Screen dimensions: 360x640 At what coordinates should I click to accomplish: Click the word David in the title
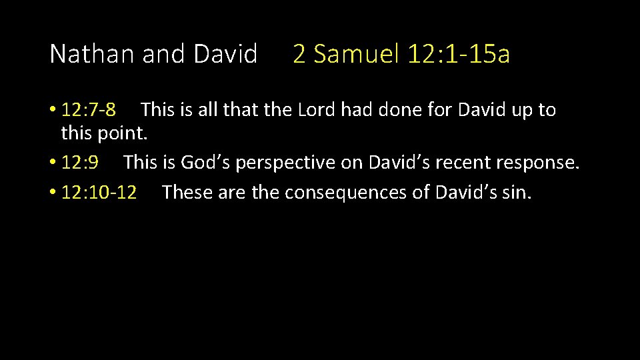pos(225,54)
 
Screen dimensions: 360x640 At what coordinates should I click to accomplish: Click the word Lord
pos(317,109)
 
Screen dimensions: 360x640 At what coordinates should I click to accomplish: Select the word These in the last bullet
pos(187,193)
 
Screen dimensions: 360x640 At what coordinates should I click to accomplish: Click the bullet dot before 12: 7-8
pos(53,110)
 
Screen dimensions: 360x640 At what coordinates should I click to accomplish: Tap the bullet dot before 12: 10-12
pos(53,193)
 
